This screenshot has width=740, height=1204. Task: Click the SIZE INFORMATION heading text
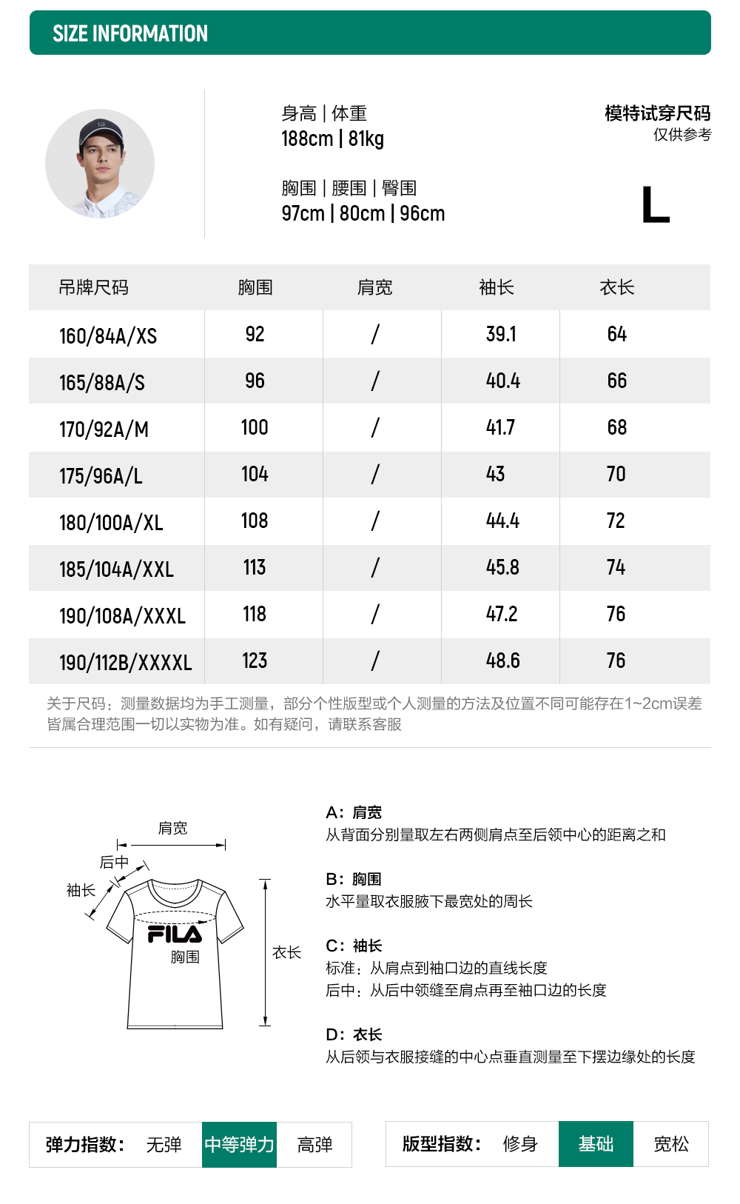coord(130,33)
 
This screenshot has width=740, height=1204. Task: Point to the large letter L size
coord(655,205)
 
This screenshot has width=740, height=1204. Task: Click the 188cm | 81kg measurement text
coord(332,138)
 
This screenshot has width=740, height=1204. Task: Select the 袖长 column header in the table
coord(497,287)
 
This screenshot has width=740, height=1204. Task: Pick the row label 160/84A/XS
coord(108,336)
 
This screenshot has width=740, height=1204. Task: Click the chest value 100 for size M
coord(255,427)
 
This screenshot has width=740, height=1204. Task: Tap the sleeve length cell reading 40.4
coord(503,381)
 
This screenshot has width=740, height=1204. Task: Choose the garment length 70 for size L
coord(616,474)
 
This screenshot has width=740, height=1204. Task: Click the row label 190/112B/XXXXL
coord(125,663)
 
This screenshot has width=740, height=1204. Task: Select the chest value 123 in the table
coord(255,660)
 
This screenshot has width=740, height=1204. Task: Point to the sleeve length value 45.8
coord(502,567)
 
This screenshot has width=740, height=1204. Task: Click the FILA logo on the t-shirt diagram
coord(175,934)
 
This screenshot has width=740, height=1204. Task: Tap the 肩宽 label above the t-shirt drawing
coord(172,828)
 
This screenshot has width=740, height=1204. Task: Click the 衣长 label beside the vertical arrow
coord(286,952)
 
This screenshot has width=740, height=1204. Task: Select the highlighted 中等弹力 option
coord(239,1145)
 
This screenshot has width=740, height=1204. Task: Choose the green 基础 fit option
coord(596,1144)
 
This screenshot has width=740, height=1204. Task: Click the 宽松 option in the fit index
coord(671,1144)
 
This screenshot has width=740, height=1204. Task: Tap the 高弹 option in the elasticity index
coord(314,1145)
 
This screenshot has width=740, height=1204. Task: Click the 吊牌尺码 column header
coord(93,287)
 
